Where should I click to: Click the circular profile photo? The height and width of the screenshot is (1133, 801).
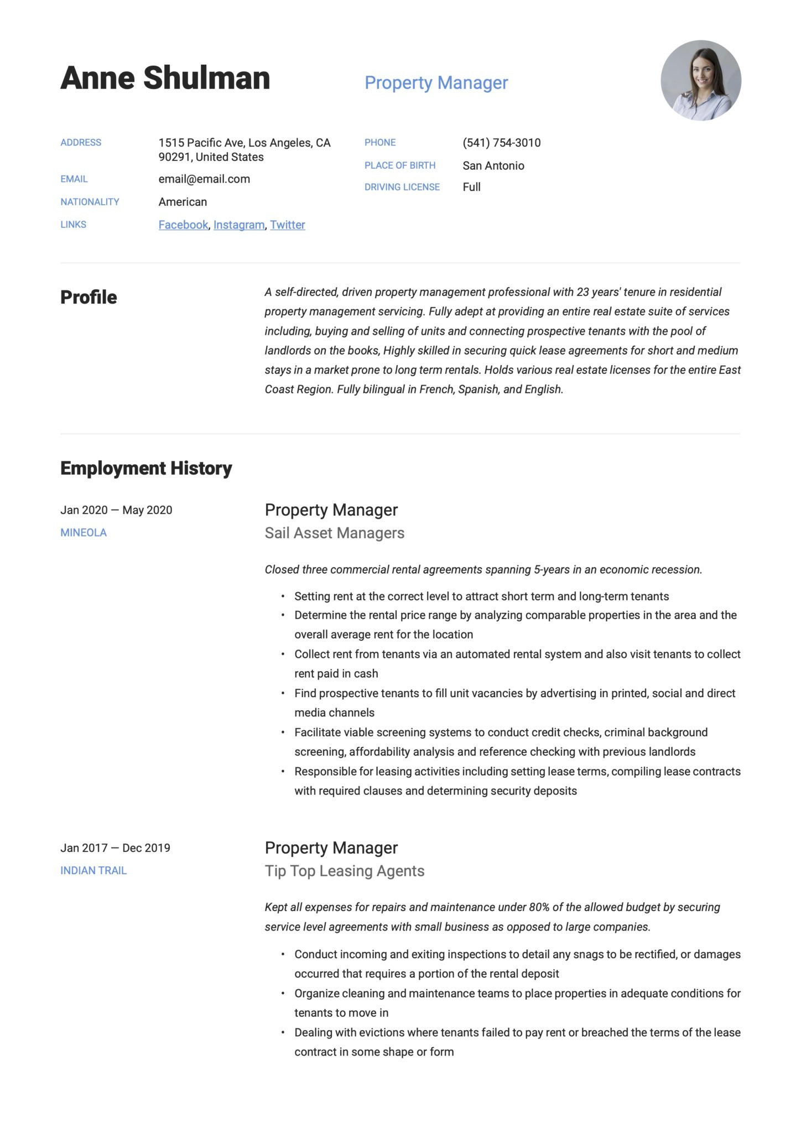(x=700, y=80)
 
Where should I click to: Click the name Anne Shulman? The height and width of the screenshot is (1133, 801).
(x=165, y=78)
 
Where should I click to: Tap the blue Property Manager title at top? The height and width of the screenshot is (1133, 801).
(x=436, y=82)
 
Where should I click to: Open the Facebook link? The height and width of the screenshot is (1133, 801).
(x=183, y=225)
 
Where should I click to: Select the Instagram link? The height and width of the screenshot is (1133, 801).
(x=239, y=225)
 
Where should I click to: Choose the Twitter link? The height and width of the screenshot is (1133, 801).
(x=288, y=225)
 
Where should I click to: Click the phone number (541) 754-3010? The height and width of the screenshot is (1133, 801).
(x=501, y=143)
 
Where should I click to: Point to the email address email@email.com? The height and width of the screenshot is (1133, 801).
(x=204, y=179)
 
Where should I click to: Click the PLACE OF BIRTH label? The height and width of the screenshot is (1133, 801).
(x=399, y=165)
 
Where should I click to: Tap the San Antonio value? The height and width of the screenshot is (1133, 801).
(x=493, y=165)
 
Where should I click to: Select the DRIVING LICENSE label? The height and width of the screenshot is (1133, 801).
(x=402, y=187)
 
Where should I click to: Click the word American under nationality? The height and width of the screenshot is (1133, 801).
(x=183, y=202)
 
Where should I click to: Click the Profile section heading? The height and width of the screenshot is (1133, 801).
(x=89, y=297)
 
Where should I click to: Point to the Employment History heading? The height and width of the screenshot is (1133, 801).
(x=146, y=468)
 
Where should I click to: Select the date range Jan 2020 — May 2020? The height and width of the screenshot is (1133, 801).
(x=116, y=510)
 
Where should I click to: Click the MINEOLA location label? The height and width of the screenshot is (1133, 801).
(x=84, y=533)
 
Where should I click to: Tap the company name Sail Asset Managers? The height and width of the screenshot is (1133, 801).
(x=334, y=533)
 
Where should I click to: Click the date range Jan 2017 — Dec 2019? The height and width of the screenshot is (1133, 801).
(x=115, y=848)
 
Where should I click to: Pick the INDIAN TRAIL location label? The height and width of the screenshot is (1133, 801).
(x=93, y=870)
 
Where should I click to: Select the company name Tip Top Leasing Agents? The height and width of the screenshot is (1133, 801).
(x=344, y=871)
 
